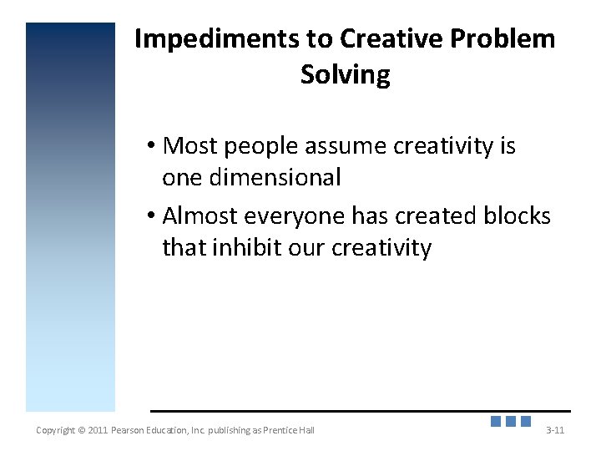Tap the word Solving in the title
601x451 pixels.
(x=345, y=75)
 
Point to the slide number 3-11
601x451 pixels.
(x=555, y=430)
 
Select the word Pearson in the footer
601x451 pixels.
(x=133, y=430)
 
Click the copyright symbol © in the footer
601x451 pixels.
(x=81, y=430)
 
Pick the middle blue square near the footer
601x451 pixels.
(x=511, y=422)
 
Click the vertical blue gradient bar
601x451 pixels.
(x=70, y=217)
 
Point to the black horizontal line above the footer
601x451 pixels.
(x=360, y=411)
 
